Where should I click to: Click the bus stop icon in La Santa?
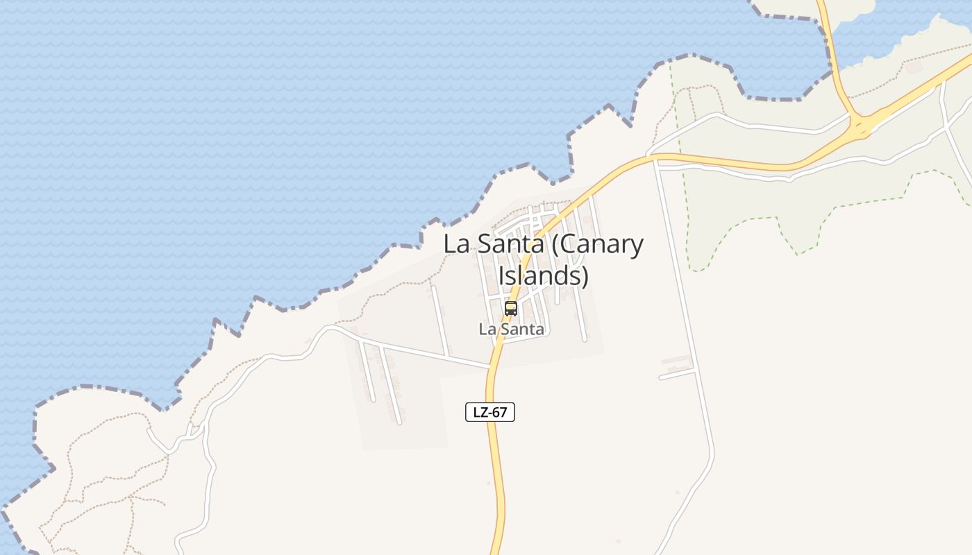click(x=511, y=309)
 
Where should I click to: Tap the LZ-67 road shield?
click(x=489, y=412)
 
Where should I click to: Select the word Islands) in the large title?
click(x=544, y=275)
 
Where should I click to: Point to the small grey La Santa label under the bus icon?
click(x=511, y=330)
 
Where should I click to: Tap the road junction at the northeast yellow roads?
click(x=861, y=126)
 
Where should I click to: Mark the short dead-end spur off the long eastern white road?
click(x=678, y=375)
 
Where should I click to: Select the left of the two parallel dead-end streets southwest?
click(x=367, y=372)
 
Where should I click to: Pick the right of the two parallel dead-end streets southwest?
click(x=390, y=385)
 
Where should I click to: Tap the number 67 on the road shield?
click(x=500, y=412)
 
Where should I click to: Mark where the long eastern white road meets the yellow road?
click(x=654, y=160)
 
